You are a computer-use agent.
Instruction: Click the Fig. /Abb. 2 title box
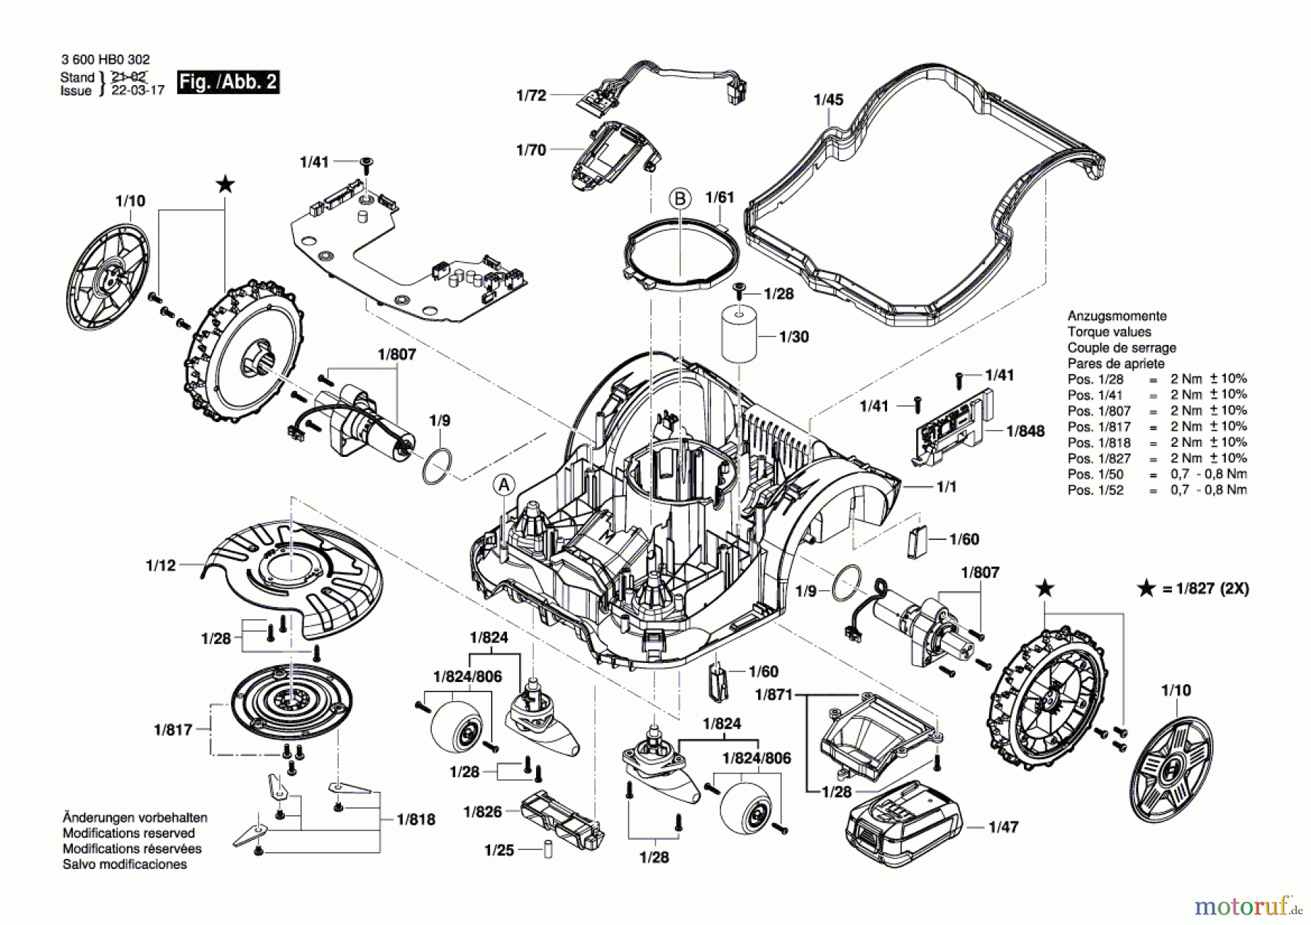pyautogui.click(x=228, y=82)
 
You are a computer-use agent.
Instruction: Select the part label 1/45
pyautogui.click(x=828, y=100)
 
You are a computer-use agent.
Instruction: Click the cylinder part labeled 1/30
pyautogui.click(x=740, y=333)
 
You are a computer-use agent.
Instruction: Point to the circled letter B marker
pyautogui.click(x=680, y=199)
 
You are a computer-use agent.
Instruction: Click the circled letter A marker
pyautogui.click(x=503, y=485)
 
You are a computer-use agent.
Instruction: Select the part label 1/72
pyautogui.click(x=531, y=95)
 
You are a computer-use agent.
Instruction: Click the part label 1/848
pyautogui.click(x=1025, y=431)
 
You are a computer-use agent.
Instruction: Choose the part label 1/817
pyautogui.click(x=173, y=729)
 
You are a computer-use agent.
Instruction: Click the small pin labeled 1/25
pyautogui.click(x=548, y=850)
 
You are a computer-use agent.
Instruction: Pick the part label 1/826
pyautogui.click(x=483, y=811)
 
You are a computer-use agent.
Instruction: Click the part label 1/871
pyautogui.click(x=773, y=694)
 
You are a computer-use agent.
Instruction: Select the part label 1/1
pyautogui.click(x=947, y=486)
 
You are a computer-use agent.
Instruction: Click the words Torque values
pyautogui.click(x=1109, y=332)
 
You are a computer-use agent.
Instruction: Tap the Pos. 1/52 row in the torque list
pyautogui.click(x=1157, y=490)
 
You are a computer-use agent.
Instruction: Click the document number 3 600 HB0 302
pyautogui.click(x=106, y=60)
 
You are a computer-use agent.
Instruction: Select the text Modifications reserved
pyautogui.click(x=129, y=833)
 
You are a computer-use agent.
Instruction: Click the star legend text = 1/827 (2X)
pyautogui.click(x=1205, y=589)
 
